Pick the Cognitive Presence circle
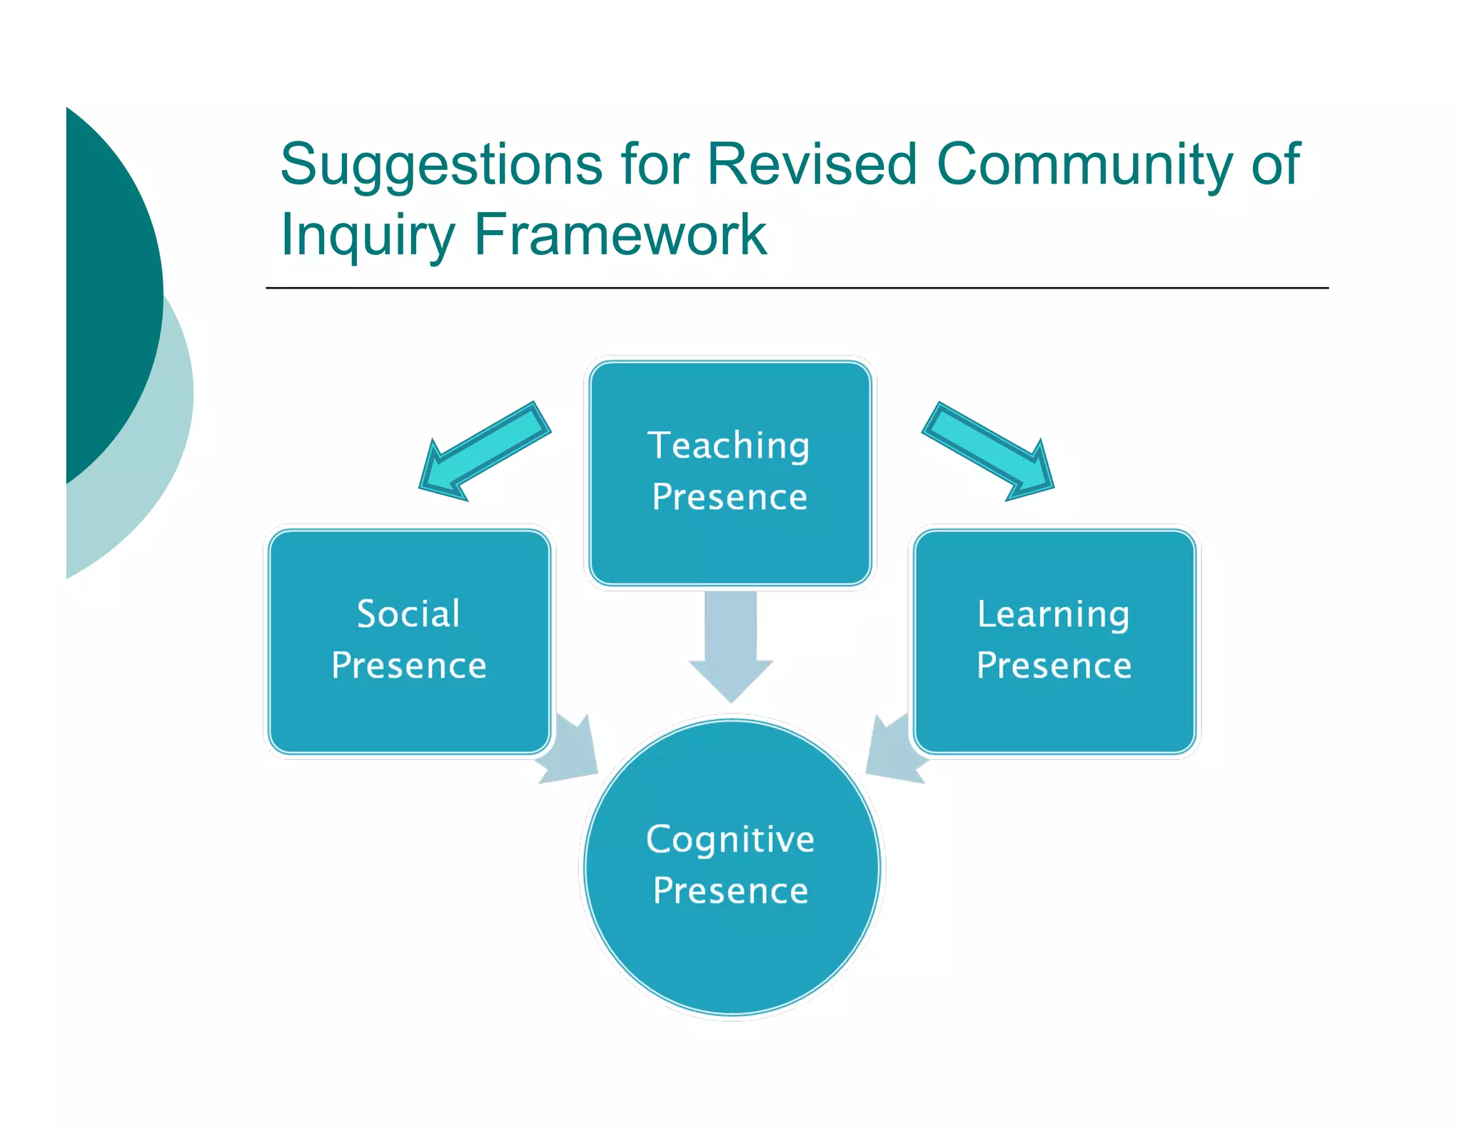731,950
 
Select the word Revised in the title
811,164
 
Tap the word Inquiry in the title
368,236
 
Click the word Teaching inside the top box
728,446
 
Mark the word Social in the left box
408,614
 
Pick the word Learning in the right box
1053,615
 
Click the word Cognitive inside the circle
730,840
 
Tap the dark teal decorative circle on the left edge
107,286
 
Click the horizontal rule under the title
796,288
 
